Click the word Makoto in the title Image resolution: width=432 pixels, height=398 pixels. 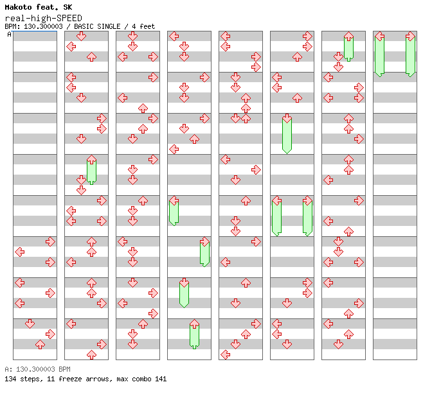(x=18, y=7)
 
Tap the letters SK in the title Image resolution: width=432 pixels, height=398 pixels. (x=67, y=7)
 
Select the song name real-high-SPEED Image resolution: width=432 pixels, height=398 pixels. (x=44, y=18)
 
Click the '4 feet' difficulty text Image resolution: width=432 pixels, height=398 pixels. (x=143, y=26)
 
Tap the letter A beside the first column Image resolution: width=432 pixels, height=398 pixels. (x=9, y=34)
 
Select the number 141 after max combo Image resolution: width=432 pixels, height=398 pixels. (x=161, y=379)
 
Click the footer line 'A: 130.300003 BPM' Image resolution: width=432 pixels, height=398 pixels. (x=37, y=369)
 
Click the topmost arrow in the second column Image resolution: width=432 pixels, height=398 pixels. (x=81, y=36)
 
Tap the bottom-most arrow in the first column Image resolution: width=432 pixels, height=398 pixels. (x=40, y=344)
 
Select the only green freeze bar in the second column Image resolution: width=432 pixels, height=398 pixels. (x=91, y=172)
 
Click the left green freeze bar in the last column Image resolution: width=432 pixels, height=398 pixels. (x=380, y=55)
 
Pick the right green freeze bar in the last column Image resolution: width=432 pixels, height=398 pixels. (x=410, y=55)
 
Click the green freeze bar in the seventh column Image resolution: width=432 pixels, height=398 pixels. (x=348, y=48)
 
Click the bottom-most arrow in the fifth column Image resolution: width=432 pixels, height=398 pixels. (x=226, y=354)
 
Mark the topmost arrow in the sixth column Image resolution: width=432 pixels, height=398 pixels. (x=307, y=36)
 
